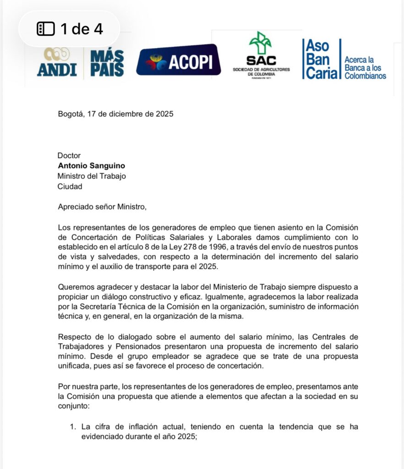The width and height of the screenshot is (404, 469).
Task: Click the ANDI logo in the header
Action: (x=57, y=62)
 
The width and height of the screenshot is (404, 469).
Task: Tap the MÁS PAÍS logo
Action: (x=107, y=63)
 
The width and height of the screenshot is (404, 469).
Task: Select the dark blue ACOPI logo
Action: (x=178, y=60)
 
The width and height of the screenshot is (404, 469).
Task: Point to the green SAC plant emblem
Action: (x=260, y=44)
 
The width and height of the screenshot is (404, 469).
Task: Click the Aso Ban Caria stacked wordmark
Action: (x=321, y=60)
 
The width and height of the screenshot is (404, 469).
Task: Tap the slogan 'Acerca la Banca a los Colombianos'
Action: (x=365, y=67)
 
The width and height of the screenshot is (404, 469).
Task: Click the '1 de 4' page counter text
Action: (x=82, y=29)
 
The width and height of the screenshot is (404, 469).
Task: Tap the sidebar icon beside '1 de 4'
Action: (x=46, y=29)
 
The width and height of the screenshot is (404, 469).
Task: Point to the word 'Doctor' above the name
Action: (x=69, y=156)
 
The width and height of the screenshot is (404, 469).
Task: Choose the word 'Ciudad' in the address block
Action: (x=71, y=186)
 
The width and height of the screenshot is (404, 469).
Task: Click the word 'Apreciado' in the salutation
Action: (x=75, y=207)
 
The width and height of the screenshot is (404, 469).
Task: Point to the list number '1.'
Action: (x=72, y=427)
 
